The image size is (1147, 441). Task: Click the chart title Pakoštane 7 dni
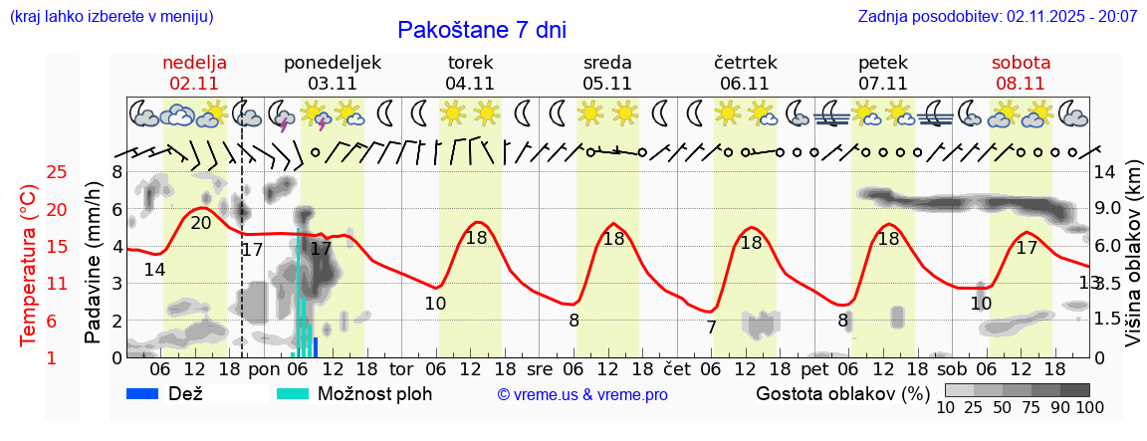482,30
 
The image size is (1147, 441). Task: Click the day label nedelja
195,62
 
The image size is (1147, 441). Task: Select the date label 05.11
607,84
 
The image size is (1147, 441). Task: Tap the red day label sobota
1021,62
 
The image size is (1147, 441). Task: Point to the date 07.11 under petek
882,84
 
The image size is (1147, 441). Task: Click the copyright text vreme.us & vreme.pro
582,394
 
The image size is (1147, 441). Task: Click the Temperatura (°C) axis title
29,265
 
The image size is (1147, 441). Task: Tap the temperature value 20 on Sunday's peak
200,223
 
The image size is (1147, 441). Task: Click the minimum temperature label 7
711,327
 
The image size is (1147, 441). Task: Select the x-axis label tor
401,369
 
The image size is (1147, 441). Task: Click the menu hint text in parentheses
111,17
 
